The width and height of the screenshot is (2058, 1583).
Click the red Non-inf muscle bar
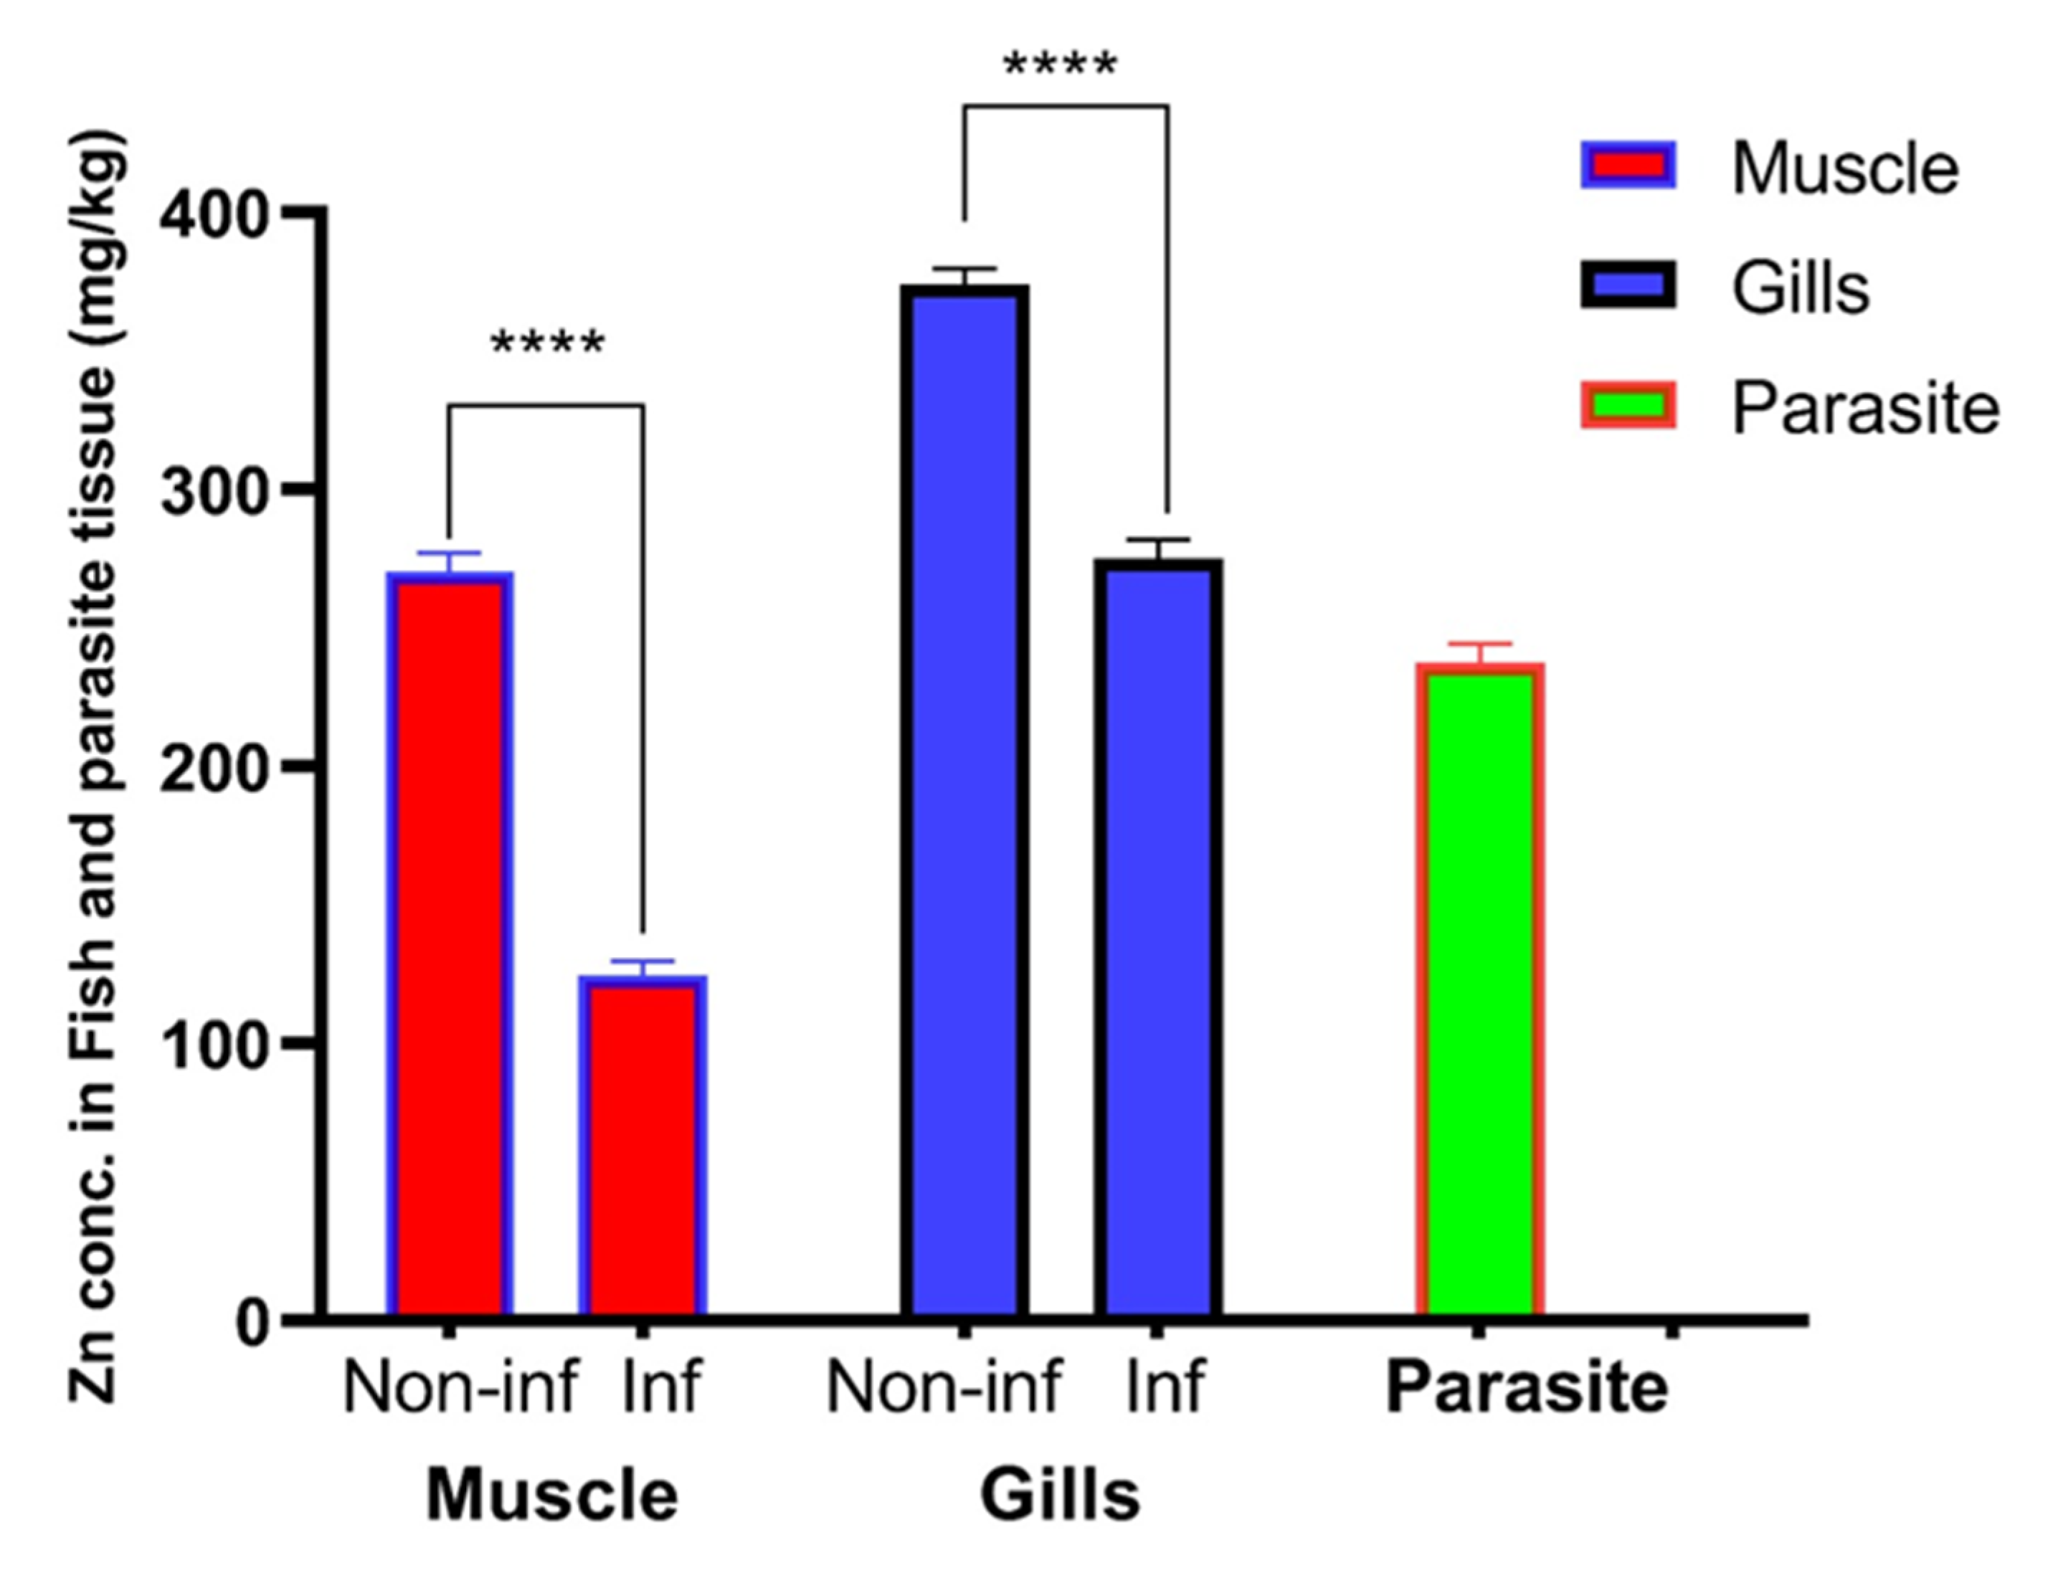click(x=450, y=942)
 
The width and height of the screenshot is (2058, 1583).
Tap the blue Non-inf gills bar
click(x=964, y=801)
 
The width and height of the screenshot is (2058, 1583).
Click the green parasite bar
click(x=1479, y=989)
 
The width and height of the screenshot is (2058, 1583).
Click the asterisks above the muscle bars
click(x=547, y=344)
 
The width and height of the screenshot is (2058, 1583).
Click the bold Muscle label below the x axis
click(x=551, y=1496)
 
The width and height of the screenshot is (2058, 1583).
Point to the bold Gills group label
click(x=1060, y=1496)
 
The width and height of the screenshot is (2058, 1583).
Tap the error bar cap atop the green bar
click(x=1479, y=644)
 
